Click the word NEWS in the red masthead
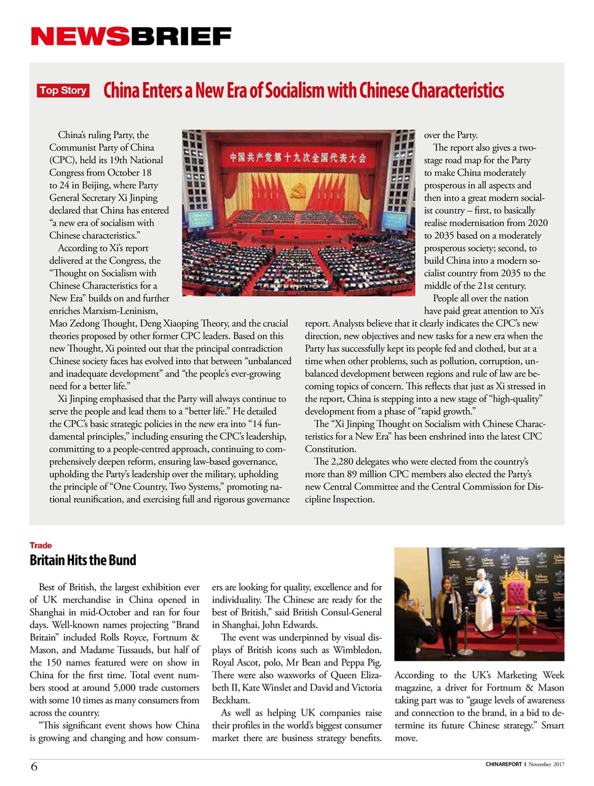tap(80, 37)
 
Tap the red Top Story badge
tap(63, 91)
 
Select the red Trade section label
tap(41, 545)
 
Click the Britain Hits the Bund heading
tap(83, 560)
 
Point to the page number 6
tap(34, 766)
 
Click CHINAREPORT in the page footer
tap(504, 765)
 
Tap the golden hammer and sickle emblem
tap(299, 189)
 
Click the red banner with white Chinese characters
tap(298, 158)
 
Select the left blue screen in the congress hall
tap(201, 219)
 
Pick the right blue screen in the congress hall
tap(395, 219)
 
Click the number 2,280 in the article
tap(344, 462)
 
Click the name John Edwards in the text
tap(288, 625)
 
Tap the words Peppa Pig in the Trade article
tap(360, 663)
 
